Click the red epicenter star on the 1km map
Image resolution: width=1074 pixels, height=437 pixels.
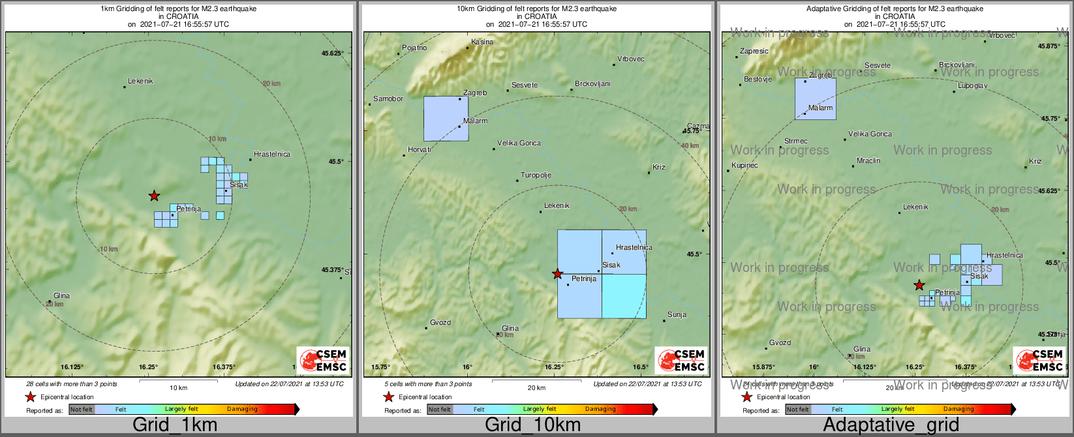point(154,196)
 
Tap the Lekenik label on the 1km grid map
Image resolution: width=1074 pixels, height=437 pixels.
point(140,82)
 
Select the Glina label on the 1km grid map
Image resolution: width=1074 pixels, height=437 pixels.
point(61,296)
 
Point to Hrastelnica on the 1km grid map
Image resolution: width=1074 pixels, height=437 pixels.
point(271,155)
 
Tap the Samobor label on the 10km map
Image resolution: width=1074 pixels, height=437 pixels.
point(388,99)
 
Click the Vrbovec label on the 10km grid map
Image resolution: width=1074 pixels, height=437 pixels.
point(630,59)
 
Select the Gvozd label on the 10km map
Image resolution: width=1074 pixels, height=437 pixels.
point(440,323)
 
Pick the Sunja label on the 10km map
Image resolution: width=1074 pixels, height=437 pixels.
point(677,315)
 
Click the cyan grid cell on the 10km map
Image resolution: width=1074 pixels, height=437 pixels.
point(624,296)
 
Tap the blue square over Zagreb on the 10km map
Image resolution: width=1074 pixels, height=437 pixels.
point(446,119)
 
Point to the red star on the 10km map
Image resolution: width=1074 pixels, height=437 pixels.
point(557,274)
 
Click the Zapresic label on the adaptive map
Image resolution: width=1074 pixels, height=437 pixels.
point(754,52)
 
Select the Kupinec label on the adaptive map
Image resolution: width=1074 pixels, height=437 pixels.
point(744,166)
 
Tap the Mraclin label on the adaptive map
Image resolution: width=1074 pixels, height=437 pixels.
point(868,161)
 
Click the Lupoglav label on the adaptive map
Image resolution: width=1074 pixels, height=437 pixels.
point(972,86)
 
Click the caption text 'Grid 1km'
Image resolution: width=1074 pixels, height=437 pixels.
point(175,425)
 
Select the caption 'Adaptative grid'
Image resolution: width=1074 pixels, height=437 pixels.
point(891,425)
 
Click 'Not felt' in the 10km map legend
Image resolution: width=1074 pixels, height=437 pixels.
point(439,410)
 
